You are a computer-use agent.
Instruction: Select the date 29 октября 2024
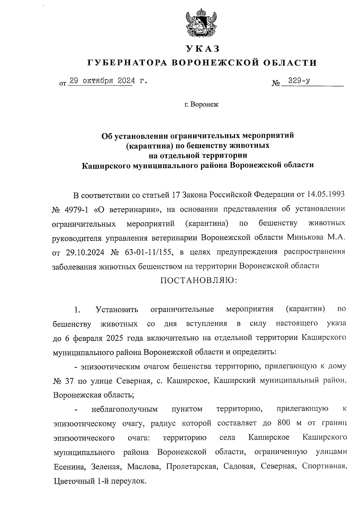(x=100, y=81)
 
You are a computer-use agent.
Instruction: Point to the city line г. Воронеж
(x=202, y=105)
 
